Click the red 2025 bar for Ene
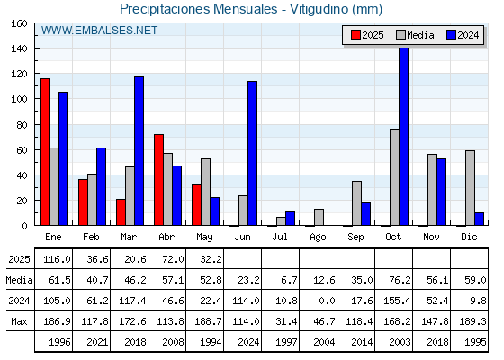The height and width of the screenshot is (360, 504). tap(45, 152)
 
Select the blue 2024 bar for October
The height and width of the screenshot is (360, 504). tap(404, 136)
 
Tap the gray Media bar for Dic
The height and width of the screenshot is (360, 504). tap(470, 188)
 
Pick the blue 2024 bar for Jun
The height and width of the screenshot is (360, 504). tap(252, 153)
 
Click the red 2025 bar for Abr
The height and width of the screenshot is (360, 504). tap(158, 180)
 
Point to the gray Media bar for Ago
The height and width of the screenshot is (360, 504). tap(319, 217)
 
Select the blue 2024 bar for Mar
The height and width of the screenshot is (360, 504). tap(139, 151)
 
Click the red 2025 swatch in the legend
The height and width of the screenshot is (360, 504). tap(355, 35)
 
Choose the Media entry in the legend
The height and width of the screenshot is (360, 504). tap(415, 35)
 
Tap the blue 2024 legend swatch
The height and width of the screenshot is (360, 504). tap(451, 35)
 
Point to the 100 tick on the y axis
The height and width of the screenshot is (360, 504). tap(36, 99)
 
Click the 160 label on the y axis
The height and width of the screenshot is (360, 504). tap(19, 23)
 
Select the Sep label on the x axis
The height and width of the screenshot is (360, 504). tap(355, 238)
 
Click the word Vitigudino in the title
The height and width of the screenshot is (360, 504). tap(319, 9)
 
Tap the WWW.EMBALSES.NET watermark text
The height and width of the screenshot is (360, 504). tap(99, 31)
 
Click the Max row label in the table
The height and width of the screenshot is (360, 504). tap(19, 321)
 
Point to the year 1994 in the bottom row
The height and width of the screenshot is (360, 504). tap(211, 342)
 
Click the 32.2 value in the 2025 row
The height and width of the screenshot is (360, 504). tap(211, 259)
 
